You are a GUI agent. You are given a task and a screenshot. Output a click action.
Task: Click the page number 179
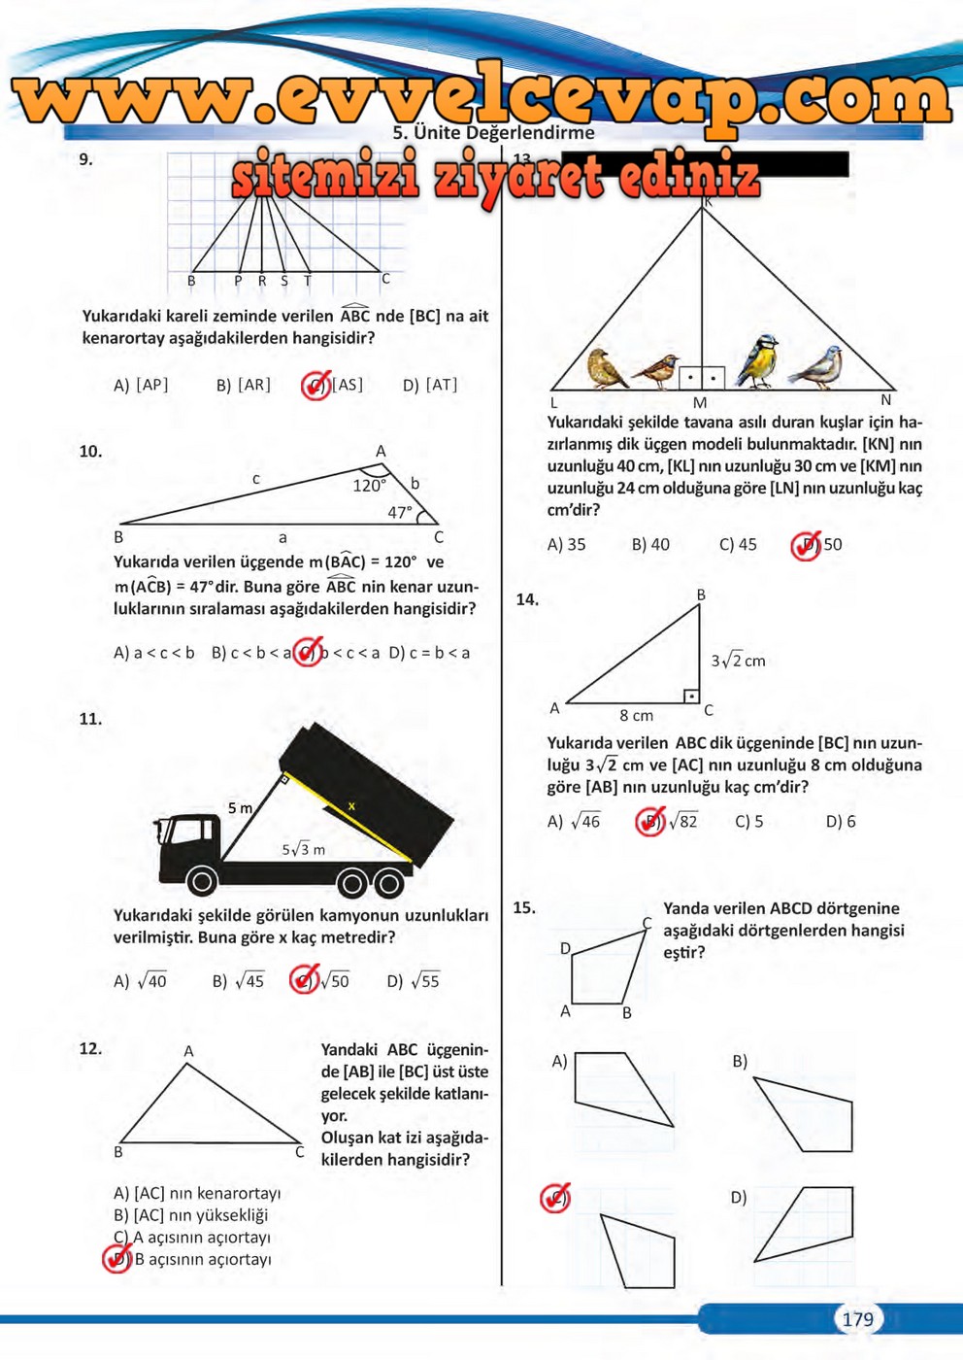tap(857, 1318)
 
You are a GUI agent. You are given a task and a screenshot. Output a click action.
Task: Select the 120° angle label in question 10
tap(369, 486)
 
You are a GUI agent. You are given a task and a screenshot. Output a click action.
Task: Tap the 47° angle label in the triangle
tap(400, 512)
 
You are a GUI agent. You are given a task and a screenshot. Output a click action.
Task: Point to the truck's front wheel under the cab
tap(202, 881)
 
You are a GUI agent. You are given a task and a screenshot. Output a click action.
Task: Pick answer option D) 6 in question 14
tap(841, 822)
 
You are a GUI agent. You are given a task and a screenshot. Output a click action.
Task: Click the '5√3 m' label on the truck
tap(303, 849)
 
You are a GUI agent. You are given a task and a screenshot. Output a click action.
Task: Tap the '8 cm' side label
tap(636, 716)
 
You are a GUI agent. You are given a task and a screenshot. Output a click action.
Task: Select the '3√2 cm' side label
tap(738, 661)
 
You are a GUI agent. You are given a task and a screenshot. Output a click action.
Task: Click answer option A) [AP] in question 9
tap(141, 385)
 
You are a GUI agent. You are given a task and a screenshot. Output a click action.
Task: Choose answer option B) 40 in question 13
tap(650, 545)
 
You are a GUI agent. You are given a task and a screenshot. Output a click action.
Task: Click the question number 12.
tap(90, 1048)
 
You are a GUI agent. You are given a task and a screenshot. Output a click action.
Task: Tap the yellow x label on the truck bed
tap(351, 806)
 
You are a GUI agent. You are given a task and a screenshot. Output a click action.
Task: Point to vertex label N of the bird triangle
tap(885, 399)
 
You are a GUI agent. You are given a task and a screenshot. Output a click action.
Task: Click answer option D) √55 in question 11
tap(414, 981)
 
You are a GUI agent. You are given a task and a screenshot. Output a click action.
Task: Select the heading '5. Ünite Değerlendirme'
tap(493, 132)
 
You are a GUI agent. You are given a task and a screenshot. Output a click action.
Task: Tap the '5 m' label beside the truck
tap(240, 808)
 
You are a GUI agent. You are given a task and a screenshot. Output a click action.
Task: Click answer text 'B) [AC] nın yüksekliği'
tap(190, 1215)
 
